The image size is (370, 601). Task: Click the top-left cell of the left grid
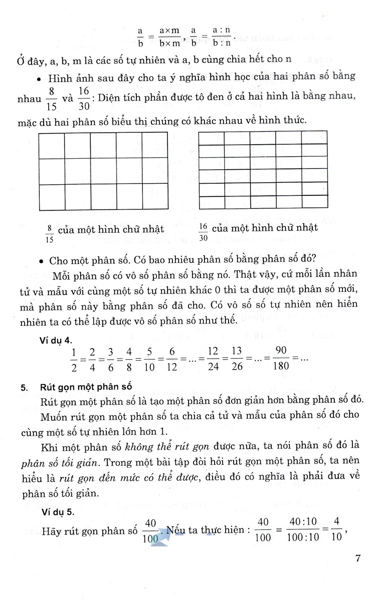coord(51,146)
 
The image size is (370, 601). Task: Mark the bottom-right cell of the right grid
coord(314,202)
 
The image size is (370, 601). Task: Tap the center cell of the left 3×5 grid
coord(103,172)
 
